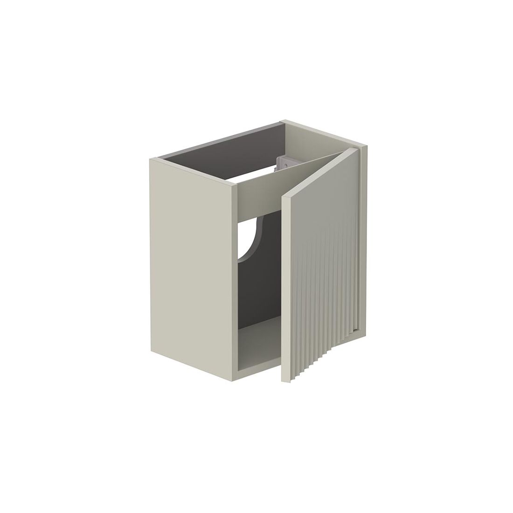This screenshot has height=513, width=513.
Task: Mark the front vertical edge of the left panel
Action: click(235, 280)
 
